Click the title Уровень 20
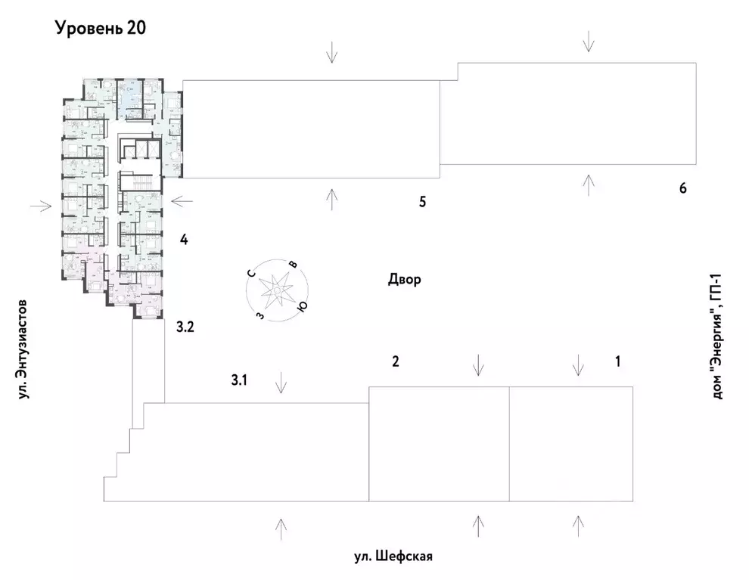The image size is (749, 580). [99, 29]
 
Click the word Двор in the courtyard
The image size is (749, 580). [404, 280]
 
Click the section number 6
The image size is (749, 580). [682, 188]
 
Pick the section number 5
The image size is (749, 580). [423, 202]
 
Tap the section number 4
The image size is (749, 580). [183, 240]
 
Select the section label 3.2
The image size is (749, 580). [185, 327]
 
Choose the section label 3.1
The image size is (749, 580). [239, 381]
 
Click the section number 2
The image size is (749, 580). [395, 361]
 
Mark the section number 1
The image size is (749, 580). [617, 361]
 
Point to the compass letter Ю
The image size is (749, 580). [302, 306]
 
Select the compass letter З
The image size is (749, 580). [260, 315]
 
